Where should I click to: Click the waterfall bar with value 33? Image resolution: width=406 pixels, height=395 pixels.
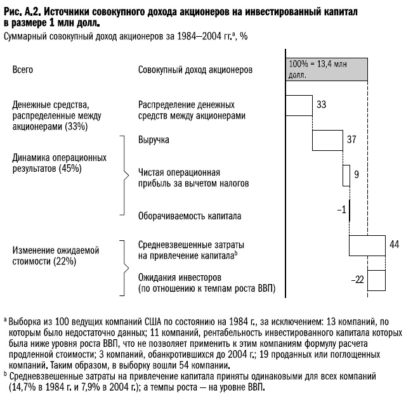point(299,105)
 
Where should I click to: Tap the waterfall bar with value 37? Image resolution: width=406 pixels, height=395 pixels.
point(327,139)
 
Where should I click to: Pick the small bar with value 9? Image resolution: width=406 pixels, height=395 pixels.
point(346,174)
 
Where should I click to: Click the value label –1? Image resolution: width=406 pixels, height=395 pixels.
point(341,209)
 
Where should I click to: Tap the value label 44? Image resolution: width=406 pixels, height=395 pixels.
point(394,244)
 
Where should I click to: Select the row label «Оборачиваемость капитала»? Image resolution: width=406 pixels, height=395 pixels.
point(190,216)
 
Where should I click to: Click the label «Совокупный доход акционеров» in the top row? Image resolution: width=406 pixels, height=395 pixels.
point(195,69)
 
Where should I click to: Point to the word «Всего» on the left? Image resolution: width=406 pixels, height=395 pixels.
point(23,69)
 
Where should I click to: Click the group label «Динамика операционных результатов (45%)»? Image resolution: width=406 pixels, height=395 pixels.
point(60,163)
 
